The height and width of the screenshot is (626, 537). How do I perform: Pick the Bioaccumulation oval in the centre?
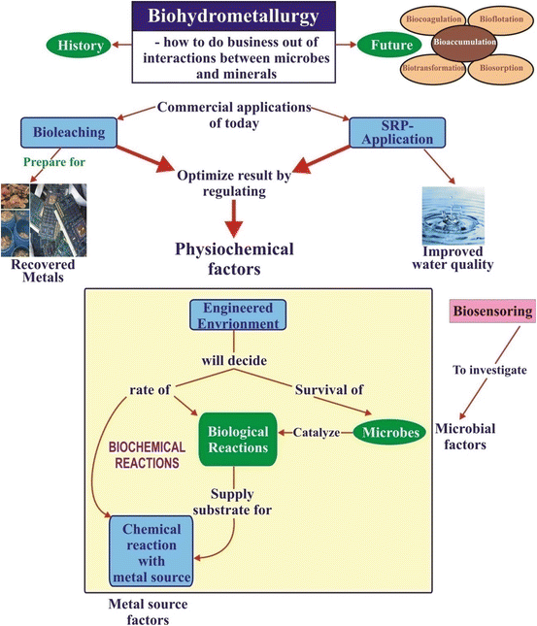[x=463, y=43]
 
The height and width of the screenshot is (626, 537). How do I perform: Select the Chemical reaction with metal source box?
[x=151, y=551]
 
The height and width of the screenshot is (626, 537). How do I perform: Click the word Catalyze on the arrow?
[x=316, y=432]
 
